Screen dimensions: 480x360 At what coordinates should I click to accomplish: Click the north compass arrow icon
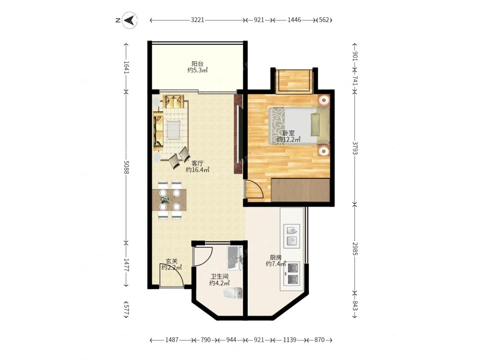pyautogui.click(x=130, y=21)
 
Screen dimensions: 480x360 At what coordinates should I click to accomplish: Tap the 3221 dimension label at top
pyautogui.click(x=197, y=20)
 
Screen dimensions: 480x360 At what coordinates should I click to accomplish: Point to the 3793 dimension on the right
pyautogui.click(x=355, y=147)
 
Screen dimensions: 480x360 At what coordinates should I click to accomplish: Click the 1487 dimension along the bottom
pyautogui.click(x=172, y=340)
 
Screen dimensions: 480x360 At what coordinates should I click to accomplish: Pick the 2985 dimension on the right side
pyautogui.click(x=355, y=249)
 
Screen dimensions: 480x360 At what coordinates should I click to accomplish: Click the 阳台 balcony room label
pyautogui.click(x=197, y=64)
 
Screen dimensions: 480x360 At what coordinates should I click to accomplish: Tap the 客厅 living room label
pyautogui.click(x=197, y=163)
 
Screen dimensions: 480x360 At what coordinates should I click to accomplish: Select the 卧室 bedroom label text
pyautogui.click(x=288, y=133)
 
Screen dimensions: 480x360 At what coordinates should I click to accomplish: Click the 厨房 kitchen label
pyautogui.click(x=276, y=257)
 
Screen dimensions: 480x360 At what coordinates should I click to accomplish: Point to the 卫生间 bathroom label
pyautogui.click(x=219, y=277)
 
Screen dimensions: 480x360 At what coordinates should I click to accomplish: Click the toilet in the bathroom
pyautogui.click(x=233, y=294)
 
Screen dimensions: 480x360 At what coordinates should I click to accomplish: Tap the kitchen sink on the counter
pyautogui.click(x=292, y=236)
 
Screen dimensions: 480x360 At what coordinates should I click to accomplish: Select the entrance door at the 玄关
pyautogui.click(x=171, y=276)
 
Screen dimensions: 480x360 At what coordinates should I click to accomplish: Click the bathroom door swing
pyautogui.click(x=203, y=256)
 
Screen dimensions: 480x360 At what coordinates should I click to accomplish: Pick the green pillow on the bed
pyautogui.click(x=315, y=125)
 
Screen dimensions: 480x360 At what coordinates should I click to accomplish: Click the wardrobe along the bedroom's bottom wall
pyautogui.click(x=300, y=190)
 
